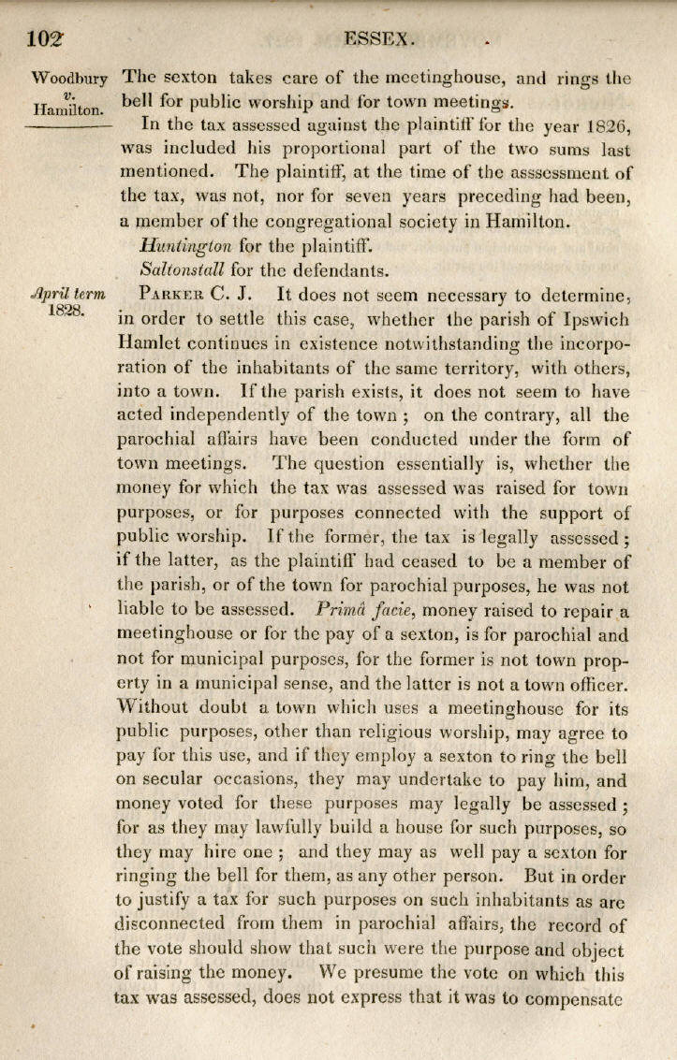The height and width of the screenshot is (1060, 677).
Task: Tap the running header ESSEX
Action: click(x=378, y=39)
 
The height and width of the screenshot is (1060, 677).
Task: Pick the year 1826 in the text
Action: click(x=604, y=124)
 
